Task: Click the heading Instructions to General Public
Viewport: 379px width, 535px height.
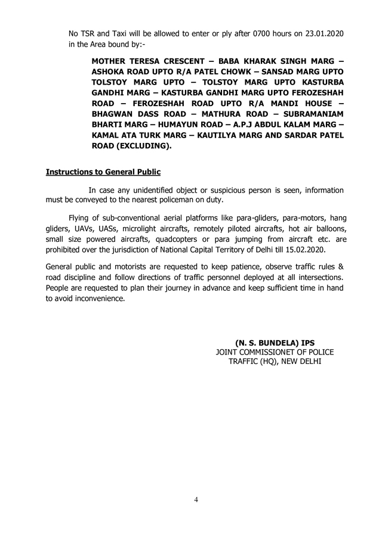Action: pos(103,172)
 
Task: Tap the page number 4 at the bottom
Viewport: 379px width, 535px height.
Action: pos(195,499)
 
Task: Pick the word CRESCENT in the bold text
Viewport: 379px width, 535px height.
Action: pos(177,61)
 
